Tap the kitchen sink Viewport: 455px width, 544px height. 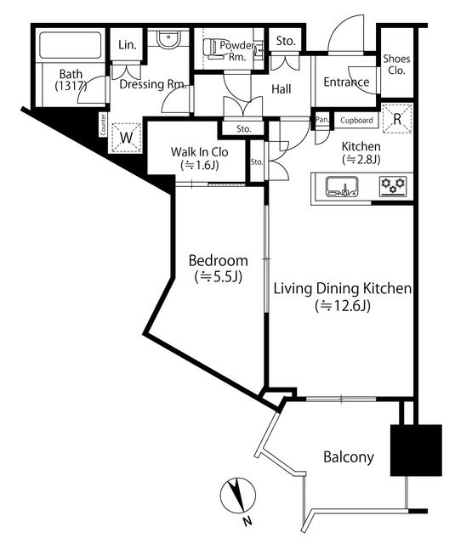[x=342, y=187]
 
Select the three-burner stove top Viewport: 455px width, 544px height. [x=393, y=186]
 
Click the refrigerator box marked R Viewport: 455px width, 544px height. [x=397, y=119]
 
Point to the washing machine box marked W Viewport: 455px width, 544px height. [x=126, y=138]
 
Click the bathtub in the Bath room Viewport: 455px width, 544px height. [x=71, y=45]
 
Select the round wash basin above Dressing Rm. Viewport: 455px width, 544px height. [x=168, y=40]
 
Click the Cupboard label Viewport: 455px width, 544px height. [x=356, y=121]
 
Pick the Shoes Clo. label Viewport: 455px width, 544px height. [x=396, y=65]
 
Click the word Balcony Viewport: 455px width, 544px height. [x=349, y=457]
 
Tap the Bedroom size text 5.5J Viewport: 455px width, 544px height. [x=219, y=276]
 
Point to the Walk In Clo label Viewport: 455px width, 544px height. [x=200, y=152]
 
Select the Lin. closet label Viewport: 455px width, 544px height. [x=128, y=44]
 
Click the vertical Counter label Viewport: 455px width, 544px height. [x=103, y=125]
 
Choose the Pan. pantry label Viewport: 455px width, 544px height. [x=321, y=120]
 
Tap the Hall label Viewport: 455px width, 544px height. [x=282, y=89]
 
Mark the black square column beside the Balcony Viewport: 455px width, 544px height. [x=416, y=450]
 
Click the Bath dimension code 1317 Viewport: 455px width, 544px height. [x=71, y=86]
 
